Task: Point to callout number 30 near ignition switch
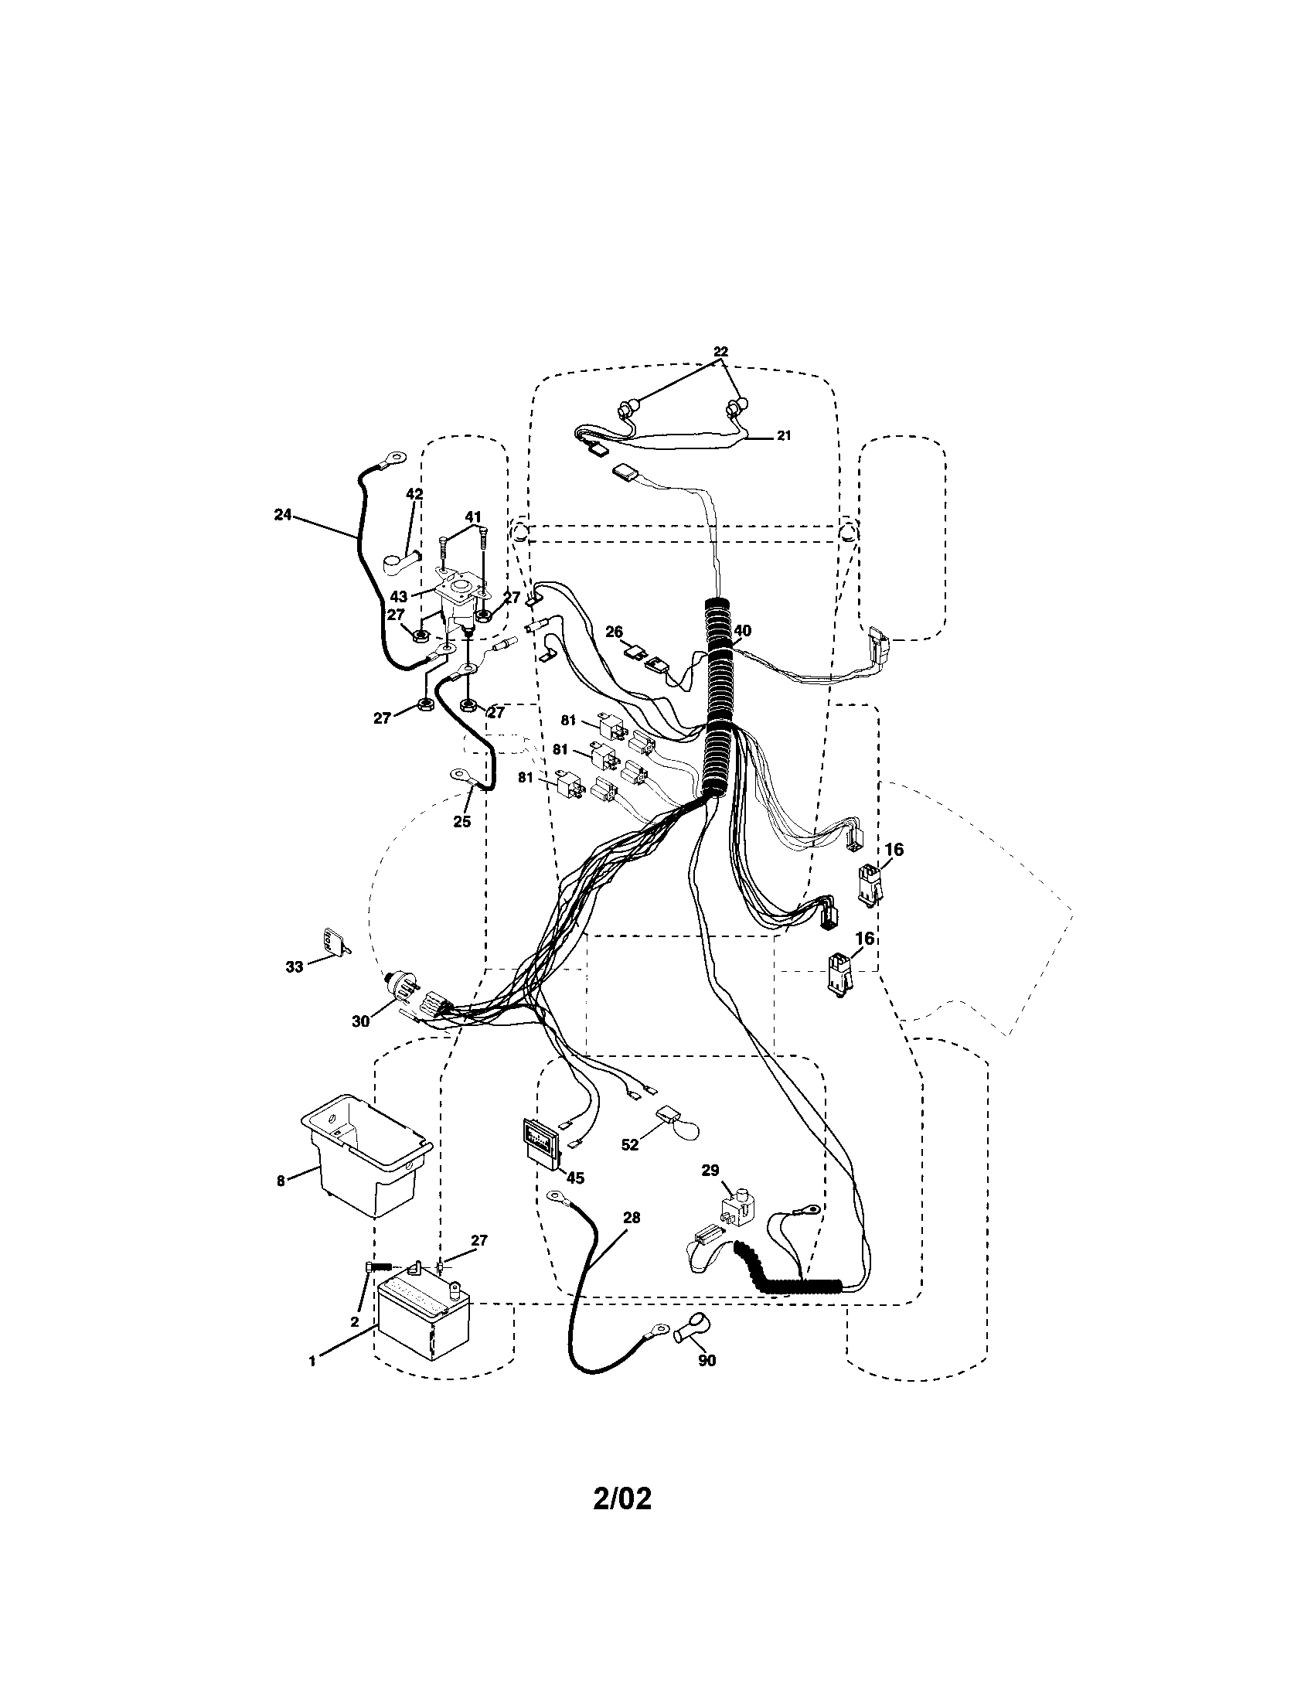360,1021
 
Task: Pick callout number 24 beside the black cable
283,514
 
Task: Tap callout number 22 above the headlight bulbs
721,351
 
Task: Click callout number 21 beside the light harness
783,436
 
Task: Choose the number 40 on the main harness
742,631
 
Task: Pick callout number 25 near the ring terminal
461,821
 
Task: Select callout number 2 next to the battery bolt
355,1321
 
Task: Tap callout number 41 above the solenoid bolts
472,516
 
